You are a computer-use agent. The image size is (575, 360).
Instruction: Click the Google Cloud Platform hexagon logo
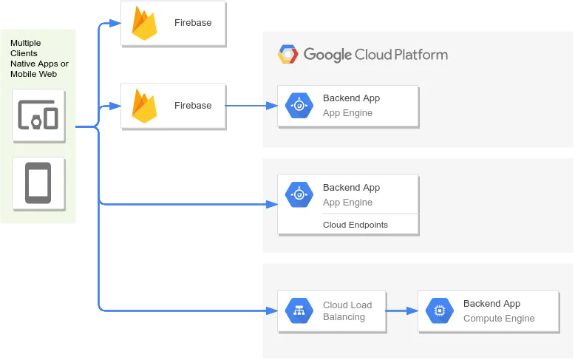(x=287, y=54)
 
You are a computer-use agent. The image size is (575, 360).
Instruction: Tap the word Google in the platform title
(x=327, y=55)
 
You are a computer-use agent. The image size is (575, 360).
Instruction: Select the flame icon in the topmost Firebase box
(x=144, y=23)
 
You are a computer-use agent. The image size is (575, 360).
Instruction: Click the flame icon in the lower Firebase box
(x=144, y=106)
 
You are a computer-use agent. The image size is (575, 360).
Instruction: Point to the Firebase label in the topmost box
(x=193, y=23)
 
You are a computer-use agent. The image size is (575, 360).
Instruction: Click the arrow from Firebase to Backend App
(x=251, y=106)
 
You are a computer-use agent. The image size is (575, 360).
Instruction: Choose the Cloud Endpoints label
(x=355, y=225)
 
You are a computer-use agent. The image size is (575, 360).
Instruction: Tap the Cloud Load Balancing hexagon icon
(x=299, y=311)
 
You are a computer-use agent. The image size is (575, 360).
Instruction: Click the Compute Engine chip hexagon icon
(x=439, y=311)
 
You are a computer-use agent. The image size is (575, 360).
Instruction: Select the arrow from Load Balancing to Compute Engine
(x=402, y=311)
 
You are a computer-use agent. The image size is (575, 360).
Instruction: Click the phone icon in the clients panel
(x=38, y=183)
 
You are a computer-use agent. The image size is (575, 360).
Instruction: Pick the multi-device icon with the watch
(x=38, y=115)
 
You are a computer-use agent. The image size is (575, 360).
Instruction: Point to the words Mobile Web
(x=33, y=74)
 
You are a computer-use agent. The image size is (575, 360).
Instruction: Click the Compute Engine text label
(x=499, y=318)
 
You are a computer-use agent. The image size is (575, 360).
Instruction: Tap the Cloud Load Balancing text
(x=347, y=311)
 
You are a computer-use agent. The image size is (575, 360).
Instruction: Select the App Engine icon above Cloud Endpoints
(x=299, y=194)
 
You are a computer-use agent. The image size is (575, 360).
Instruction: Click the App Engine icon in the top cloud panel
(x=299, y=106)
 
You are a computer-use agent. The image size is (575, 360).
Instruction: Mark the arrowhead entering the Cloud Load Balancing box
(x=272, y=311)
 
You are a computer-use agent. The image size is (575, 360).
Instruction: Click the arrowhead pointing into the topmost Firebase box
(x=115, y=24)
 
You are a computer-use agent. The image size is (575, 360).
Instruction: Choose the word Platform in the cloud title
(x=421, y=55)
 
